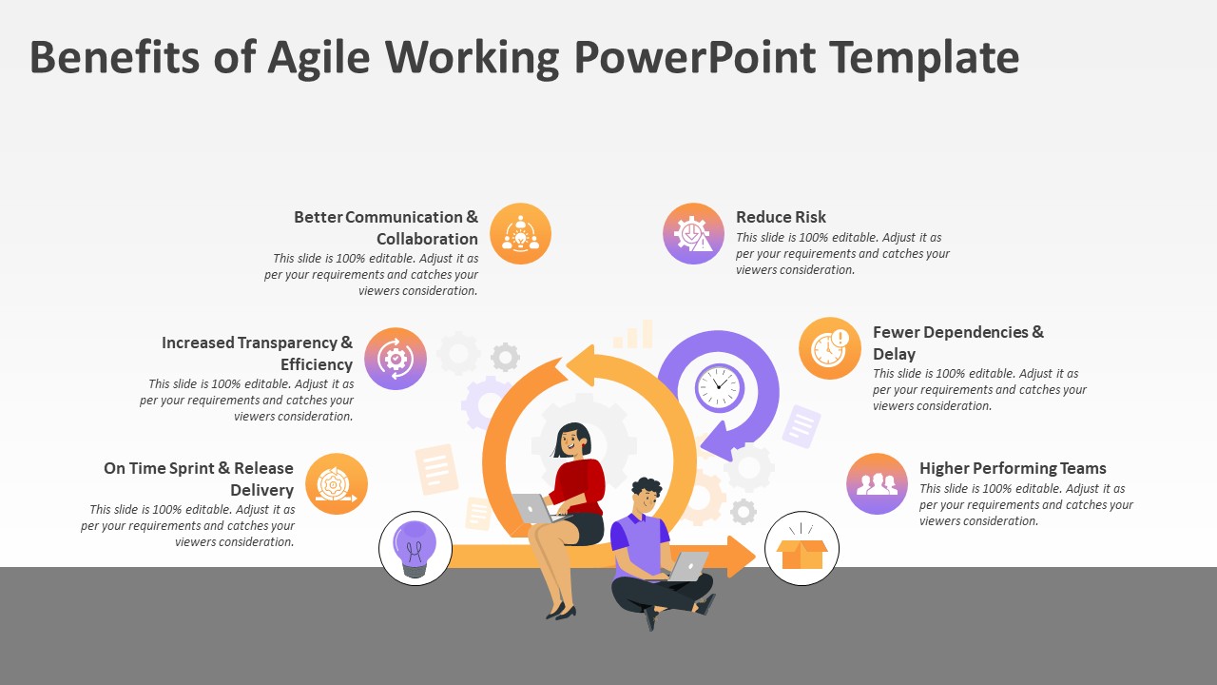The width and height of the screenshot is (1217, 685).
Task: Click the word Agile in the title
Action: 319,59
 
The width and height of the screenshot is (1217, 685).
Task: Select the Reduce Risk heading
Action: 781,217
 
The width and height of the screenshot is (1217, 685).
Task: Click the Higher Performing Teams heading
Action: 1013,468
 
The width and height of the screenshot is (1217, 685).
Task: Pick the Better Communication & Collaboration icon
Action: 520,234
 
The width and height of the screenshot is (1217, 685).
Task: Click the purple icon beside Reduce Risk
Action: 693,234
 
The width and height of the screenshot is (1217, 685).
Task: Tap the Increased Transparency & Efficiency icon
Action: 396,359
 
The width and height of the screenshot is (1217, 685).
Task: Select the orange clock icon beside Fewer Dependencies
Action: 830,348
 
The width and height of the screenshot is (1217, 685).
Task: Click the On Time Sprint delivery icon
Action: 337,484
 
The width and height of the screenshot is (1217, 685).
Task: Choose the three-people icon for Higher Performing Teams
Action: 877,484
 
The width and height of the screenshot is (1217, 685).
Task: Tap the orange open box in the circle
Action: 802,553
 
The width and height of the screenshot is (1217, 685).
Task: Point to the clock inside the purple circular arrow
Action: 720,387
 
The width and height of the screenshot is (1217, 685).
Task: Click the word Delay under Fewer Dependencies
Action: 895,354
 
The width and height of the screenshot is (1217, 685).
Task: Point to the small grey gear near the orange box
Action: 744,512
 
